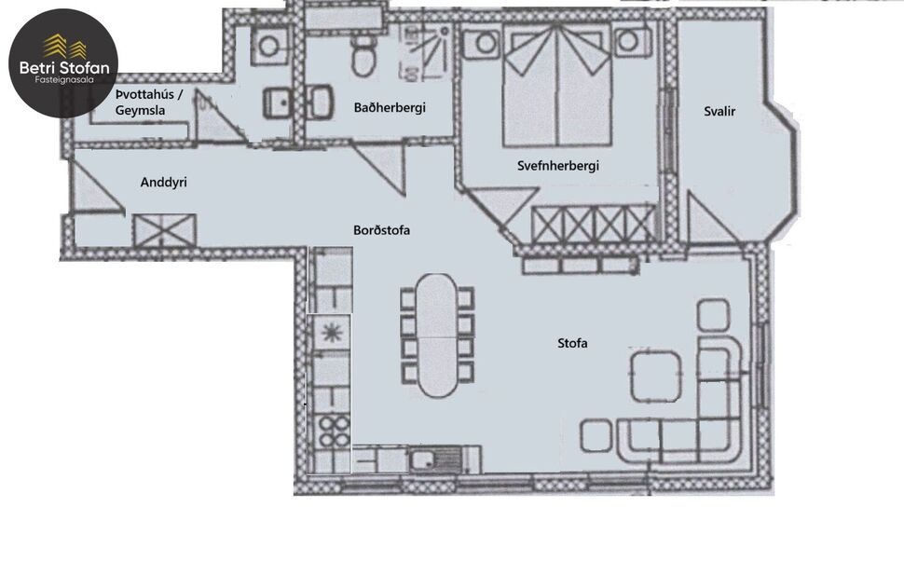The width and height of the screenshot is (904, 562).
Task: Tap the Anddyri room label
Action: click(163, 183)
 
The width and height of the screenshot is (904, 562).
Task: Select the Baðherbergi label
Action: click(390, 108)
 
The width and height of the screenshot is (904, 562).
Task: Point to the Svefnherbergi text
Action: click(557, 166)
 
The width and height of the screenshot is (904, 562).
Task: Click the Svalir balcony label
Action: click(719, 112)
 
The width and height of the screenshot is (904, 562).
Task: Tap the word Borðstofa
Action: click(382, 230)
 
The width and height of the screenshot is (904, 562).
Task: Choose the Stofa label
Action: click(572, 343)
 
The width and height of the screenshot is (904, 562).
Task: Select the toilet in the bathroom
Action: click(363, 58)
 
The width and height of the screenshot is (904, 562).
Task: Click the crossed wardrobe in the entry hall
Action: click(163, 227)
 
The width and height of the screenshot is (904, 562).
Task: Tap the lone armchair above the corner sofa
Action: click(713, 314)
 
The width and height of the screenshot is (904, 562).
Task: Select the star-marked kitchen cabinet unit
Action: click(331, 330)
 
